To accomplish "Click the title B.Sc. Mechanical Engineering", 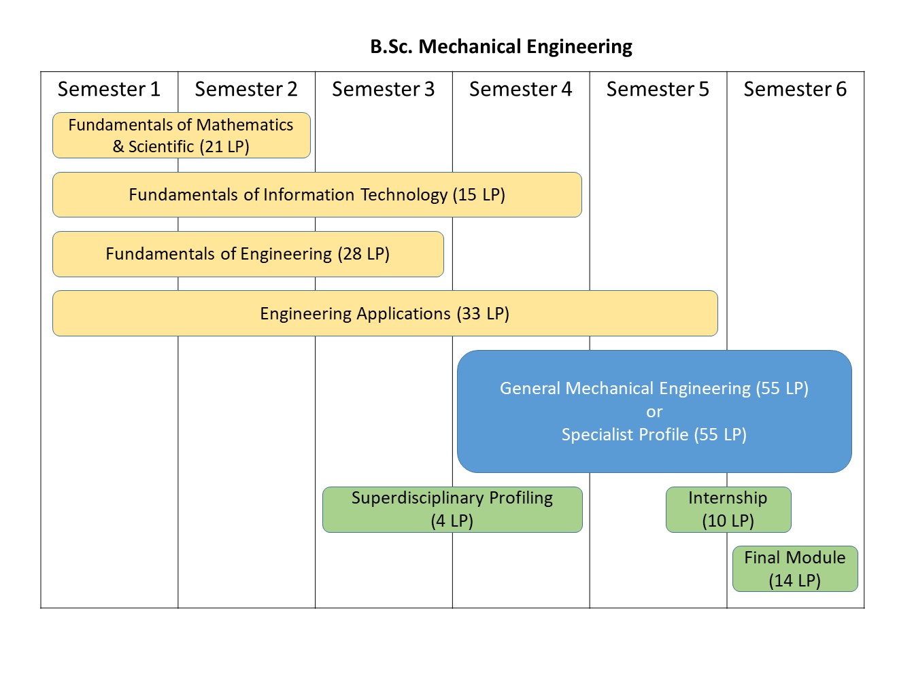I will coord(501,46).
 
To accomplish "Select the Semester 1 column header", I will coord(109,89).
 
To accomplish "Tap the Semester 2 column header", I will coord(246,89).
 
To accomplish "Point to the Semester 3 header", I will coord(383,89).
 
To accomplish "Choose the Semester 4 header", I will coord(520,89).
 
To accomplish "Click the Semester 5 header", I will coord(658,89).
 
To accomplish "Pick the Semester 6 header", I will coord(794,89).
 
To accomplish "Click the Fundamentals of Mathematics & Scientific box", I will coord(181,135).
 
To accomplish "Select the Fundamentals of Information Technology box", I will coord(317,195).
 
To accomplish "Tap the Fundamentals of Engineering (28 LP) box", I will coord(248,254).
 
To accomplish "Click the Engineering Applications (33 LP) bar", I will coord(385,313).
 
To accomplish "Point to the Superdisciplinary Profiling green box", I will coord(452,510).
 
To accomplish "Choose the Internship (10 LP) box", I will coord(728,510).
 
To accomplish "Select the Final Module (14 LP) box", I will coord(794,569).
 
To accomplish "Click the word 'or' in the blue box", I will coord(654,412).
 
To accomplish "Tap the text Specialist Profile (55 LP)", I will coord(654,435).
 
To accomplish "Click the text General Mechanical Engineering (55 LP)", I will coord(654,388).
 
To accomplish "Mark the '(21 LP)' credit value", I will coord(224,147).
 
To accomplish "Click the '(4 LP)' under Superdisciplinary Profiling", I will coord(452,521).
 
